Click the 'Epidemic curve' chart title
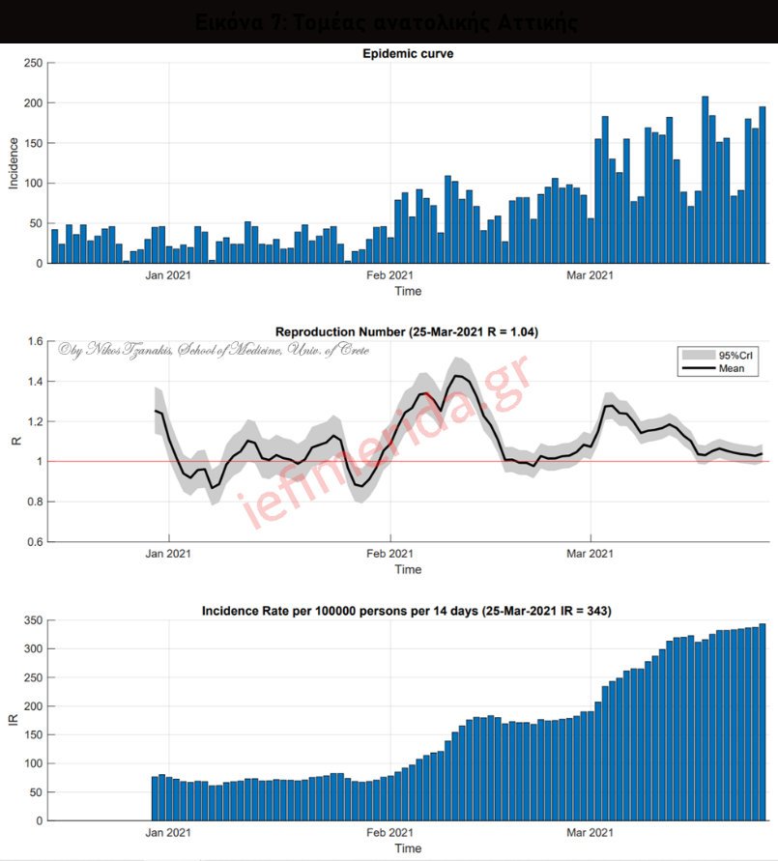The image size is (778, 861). tap(407, 54)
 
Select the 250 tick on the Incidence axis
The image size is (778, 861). tap(33, 63)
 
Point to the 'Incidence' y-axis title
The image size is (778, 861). tap(14, 162)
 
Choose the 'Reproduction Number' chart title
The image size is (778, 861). tap(407, 331)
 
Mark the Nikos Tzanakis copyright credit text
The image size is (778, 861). tap(213, 349)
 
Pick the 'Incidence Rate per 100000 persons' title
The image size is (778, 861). tap(406, 611)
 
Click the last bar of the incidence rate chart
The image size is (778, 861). tap(762, 723)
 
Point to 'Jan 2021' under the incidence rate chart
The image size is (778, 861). tap(167, 833)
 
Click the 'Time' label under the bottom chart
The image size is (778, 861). tap(408, 847)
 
